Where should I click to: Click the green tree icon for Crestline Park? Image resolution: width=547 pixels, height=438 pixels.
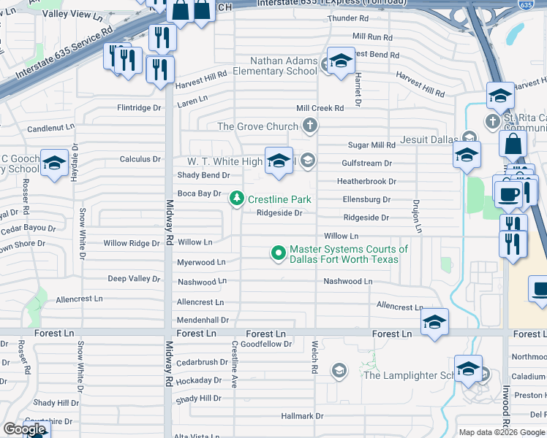(x=237, y=199)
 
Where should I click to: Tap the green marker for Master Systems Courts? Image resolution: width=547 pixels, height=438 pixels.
(x=278, y=253)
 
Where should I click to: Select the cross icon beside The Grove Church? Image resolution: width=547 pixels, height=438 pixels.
(x=310, y=126)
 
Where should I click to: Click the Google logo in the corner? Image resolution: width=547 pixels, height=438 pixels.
(x=24, y=429)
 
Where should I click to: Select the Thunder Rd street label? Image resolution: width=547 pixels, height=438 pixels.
(x=350, y=18)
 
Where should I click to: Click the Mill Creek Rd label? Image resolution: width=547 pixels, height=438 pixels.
(x=320, y=108)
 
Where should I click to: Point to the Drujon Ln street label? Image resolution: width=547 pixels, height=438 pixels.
(x=417, y=216)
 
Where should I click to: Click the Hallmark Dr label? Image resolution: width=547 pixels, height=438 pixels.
(x=302, y=416)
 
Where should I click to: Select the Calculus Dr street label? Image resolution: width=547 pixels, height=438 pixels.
(x=140, y=159)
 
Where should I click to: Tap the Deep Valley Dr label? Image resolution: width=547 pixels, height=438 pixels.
(x=134, y=279)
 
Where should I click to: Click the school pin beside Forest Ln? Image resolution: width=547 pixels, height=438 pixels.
(x=434, y=322)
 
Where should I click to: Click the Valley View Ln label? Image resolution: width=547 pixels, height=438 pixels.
(x=72, y=15)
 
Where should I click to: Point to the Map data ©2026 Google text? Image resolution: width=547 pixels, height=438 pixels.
(x=502, y=432)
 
